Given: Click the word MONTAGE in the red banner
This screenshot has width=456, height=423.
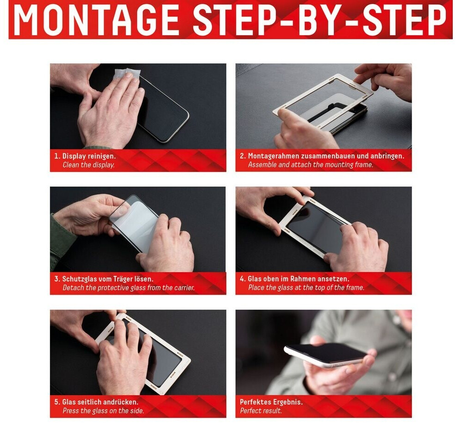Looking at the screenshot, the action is tap(96, 20).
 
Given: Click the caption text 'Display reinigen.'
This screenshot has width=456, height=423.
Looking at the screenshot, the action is tap(89, 156).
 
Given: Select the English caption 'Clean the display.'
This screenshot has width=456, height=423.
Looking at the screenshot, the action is tap(88, 165).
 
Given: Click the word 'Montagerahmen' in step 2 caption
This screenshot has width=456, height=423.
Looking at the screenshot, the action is tap(273, 156).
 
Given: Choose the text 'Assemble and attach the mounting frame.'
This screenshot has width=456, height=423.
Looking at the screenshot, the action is tap(311, 165).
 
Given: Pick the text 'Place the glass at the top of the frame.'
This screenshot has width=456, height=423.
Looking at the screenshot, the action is tap(306, 288).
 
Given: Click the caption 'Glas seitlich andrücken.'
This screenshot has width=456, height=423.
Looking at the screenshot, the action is tap(100, 402).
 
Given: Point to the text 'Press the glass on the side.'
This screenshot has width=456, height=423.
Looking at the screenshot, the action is tap(103, 411).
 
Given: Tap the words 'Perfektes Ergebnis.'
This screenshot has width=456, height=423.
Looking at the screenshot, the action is tap(271, 402).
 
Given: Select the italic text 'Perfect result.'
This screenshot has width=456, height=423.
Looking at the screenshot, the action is tap(261, 411).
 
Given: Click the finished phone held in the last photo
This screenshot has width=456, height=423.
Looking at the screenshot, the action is tap(326, 355).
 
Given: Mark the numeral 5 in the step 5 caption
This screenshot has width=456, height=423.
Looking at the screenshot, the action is tap(56, 402).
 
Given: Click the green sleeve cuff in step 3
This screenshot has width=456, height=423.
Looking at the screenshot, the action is tap(61, 241).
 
